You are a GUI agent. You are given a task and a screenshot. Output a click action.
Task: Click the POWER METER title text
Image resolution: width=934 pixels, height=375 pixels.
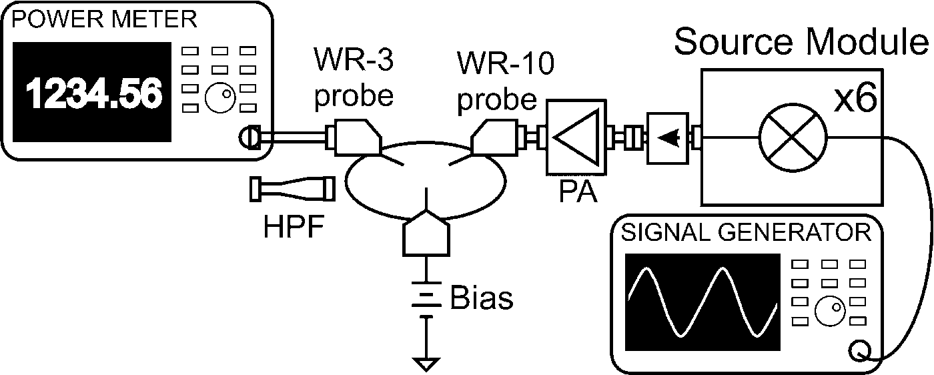point(105,19)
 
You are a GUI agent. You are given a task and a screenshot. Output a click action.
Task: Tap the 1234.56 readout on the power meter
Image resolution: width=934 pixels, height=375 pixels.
point(94,93)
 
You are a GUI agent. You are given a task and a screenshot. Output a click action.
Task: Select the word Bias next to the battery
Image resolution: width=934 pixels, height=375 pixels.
point(482,298)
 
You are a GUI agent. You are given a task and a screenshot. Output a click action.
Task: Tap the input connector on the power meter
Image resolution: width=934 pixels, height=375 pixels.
point(247,138)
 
